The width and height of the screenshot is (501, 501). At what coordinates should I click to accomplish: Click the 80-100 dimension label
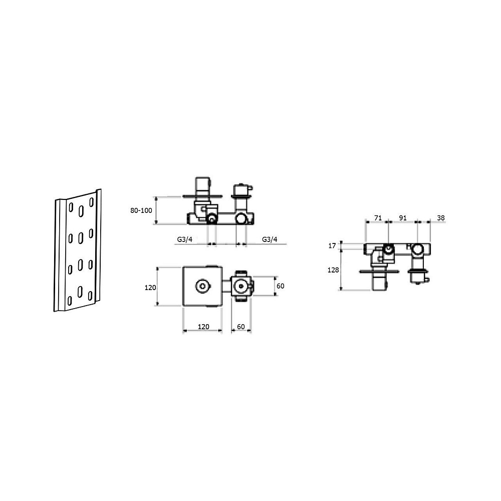[x=141, y=210]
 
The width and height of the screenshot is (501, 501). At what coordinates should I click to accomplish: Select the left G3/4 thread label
[x=185, y=239]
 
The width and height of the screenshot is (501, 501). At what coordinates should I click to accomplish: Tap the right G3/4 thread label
[x=270, y=239]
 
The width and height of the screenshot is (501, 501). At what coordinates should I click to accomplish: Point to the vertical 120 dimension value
[x=150, y=288]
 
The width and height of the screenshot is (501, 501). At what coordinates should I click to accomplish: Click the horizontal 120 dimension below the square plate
[x=203, y=327]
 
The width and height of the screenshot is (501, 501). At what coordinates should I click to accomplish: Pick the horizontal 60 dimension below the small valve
[x=241, y=327]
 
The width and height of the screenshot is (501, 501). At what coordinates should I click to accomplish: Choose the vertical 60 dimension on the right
[x=280, y=286]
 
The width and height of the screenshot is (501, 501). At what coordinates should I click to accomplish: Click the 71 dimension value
[x=378, y=218]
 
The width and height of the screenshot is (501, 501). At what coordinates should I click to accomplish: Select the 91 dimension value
[x=403, y=218]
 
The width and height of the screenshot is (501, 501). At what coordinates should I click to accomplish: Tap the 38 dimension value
[x=440, y=218]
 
